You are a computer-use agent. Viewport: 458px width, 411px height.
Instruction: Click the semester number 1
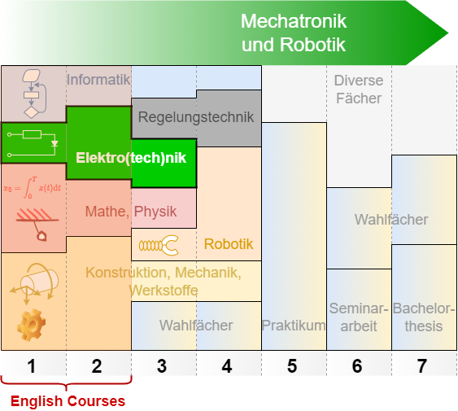[x=32, y=366]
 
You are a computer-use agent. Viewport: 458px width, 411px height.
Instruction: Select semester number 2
[x=97, y=366]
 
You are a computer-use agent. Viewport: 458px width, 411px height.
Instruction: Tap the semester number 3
[x=162, y=366]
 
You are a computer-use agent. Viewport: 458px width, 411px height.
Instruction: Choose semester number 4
[x=227, y=366]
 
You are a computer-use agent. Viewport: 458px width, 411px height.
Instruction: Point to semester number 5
[x=292, y=366]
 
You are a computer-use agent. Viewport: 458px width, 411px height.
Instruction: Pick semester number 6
[x=357, y=366]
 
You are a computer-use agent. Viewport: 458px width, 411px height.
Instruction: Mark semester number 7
[x=422, y=366]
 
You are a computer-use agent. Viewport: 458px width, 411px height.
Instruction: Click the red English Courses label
[x=68, y=401]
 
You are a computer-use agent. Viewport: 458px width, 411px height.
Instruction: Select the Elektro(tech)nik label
[x=131, y=157]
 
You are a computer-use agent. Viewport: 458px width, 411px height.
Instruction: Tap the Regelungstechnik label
[x=196, y=117]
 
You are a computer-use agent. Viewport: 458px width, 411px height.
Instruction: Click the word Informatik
[x=98, y=80]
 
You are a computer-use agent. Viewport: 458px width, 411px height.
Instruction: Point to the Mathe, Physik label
[x=131, y=212]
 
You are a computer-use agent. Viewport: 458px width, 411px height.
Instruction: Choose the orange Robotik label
[x=229, y=243]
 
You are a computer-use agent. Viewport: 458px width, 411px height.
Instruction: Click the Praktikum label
[x=294, y=326]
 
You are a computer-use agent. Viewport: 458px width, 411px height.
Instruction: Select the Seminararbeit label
[x=359, y=317]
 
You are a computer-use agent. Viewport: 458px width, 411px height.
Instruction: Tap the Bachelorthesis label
[x=424, y=317]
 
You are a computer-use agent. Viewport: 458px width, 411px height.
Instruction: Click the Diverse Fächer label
[x=359, y=90]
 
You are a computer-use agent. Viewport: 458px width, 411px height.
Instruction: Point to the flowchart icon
[x=33, y=94]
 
